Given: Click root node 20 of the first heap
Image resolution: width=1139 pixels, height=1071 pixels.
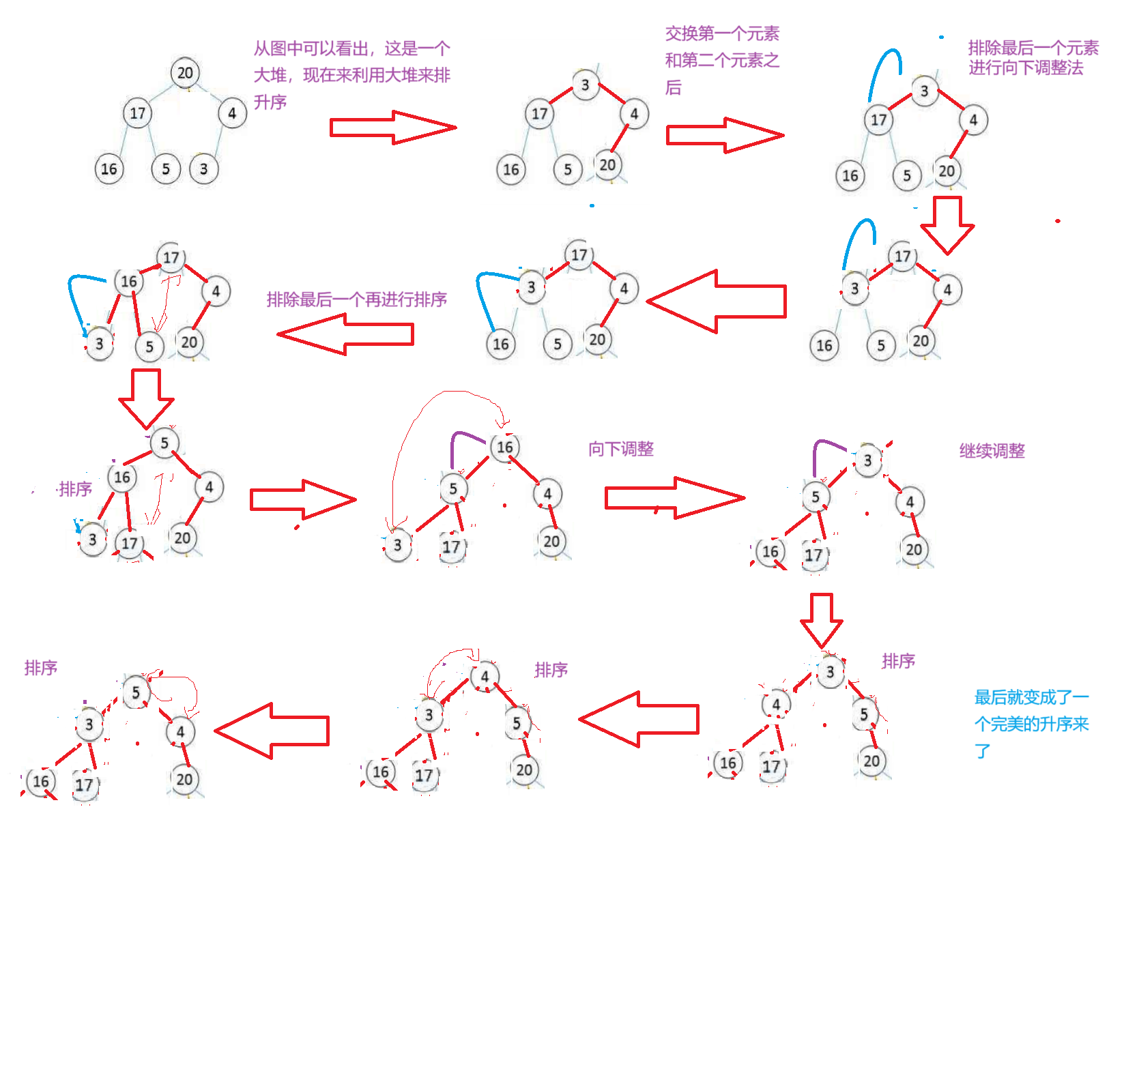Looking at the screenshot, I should click(x=185, y=73).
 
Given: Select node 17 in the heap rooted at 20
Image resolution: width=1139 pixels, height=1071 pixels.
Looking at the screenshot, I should click(x=138, y=113).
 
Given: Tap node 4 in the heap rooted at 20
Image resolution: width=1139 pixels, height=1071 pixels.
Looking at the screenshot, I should click(x=232, y=113).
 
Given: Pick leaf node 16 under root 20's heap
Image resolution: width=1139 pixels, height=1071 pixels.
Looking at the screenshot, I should click(x=109, y=169).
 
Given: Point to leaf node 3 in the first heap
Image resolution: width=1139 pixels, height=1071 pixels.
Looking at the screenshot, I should click(x=203, y=169).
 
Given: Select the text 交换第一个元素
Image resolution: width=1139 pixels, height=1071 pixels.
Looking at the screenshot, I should click(x=722, y=33).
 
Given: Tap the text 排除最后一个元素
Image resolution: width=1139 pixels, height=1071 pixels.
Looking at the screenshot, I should click(x=1033, y=48).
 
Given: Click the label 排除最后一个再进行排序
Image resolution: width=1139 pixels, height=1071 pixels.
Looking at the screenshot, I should click(x=356, y=299).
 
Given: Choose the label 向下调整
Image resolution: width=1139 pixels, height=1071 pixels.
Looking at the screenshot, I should click(x=621, y=449).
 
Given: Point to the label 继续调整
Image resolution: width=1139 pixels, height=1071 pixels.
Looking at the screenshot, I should click(x=992, y=451).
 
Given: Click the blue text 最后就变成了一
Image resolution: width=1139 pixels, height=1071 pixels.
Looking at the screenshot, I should click(x=1031, y=697).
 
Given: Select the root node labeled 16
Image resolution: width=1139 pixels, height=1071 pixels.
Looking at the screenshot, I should click(x=505, y=448).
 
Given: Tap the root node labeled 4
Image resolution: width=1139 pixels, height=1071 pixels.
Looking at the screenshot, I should click(x=485, y=677).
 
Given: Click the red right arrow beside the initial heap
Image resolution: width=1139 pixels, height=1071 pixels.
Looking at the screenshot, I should click(x=392, y=128).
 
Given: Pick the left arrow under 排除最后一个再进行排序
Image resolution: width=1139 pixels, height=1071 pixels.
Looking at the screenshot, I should click(x=345, y=334).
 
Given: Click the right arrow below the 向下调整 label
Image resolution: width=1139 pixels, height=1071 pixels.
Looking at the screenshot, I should click(x=674, y=498).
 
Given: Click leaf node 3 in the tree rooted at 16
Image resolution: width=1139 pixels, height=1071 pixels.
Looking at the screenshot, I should click(x=397, y=546).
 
